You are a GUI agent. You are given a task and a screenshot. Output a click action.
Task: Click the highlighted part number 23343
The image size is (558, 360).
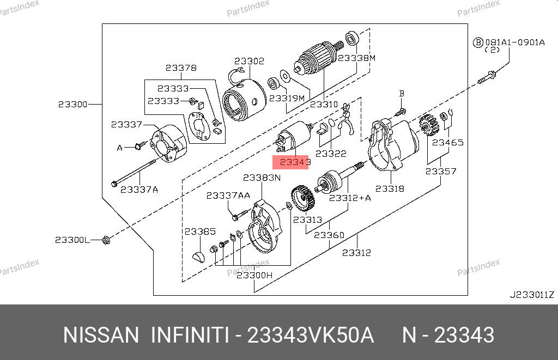[295, 162]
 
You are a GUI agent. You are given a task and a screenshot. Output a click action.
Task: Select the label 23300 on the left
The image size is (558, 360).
[73, 104]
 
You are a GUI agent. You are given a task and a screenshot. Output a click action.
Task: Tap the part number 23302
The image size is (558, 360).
[249, 61]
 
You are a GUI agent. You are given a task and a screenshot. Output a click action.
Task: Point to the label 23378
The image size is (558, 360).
[181, 68]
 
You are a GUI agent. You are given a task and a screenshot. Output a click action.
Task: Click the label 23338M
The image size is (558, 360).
[356, 58]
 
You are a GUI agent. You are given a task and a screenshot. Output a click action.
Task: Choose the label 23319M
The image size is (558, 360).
[287, 98]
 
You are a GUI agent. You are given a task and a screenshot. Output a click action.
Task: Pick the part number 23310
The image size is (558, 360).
[324, 104]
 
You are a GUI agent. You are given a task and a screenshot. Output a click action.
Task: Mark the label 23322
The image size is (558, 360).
[331, 154]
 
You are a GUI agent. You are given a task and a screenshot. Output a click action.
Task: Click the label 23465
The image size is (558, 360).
[448, 142]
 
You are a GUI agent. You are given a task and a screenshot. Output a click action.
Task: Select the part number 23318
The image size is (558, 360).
[390, 188]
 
